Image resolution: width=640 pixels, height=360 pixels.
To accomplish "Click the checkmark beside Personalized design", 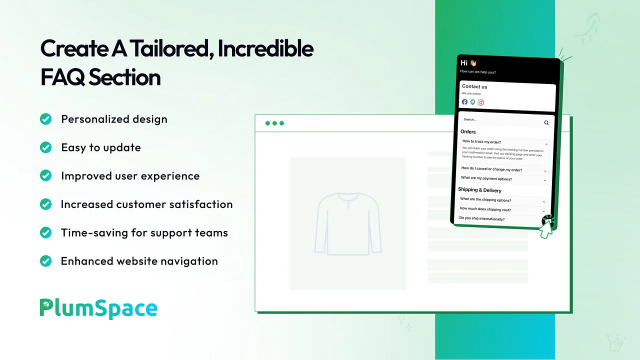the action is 45,119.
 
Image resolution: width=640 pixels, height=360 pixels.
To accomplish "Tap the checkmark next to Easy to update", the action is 45,147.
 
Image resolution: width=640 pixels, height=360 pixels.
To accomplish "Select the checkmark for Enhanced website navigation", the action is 45,261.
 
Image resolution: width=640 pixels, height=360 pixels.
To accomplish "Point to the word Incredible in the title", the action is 265,48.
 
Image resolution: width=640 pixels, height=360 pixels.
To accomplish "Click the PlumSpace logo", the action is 98,308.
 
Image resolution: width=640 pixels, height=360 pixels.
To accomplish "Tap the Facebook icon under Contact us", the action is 464,101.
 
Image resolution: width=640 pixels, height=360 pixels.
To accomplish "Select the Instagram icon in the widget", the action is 480,102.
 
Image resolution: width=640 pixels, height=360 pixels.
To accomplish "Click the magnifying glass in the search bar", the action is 546,123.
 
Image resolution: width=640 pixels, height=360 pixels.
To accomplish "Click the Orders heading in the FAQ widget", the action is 468,131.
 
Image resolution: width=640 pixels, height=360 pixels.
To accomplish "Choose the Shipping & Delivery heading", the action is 479,190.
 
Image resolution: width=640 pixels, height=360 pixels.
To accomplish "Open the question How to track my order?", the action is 481,141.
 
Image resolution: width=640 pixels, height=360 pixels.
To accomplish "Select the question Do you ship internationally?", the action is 481,218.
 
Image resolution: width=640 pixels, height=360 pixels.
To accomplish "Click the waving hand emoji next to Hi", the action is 473,63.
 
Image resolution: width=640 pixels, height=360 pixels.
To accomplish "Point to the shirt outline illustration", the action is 348,224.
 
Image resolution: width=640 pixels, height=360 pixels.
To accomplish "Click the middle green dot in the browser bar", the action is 274,123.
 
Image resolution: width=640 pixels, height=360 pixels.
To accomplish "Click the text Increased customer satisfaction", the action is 147,204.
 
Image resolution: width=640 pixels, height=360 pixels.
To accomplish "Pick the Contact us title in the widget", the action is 474,86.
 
